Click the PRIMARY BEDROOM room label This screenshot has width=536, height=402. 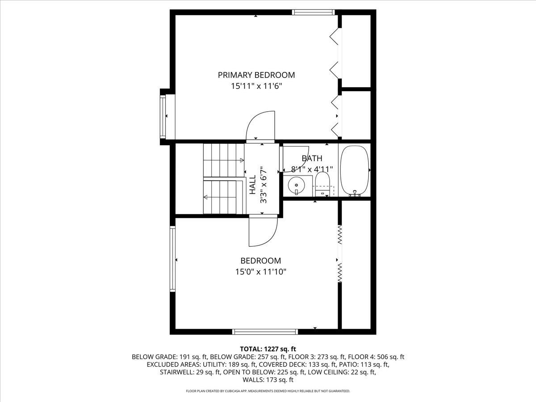256,75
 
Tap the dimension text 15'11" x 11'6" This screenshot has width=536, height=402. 256,86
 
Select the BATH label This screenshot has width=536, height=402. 311,158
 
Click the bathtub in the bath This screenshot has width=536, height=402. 355,170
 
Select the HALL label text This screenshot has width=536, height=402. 252,184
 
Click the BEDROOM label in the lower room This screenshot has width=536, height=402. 260,261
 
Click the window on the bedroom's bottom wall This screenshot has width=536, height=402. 265,331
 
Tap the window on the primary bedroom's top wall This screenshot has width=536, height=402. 313,12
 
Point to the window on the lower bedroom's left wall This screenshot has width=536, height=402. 172,259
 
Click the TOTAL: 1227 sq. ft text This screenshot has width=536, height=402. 268,348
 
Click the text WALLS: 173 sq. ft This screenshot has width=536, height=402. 268,380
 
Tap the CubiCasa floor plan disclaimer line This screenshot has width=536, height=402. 268,391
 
